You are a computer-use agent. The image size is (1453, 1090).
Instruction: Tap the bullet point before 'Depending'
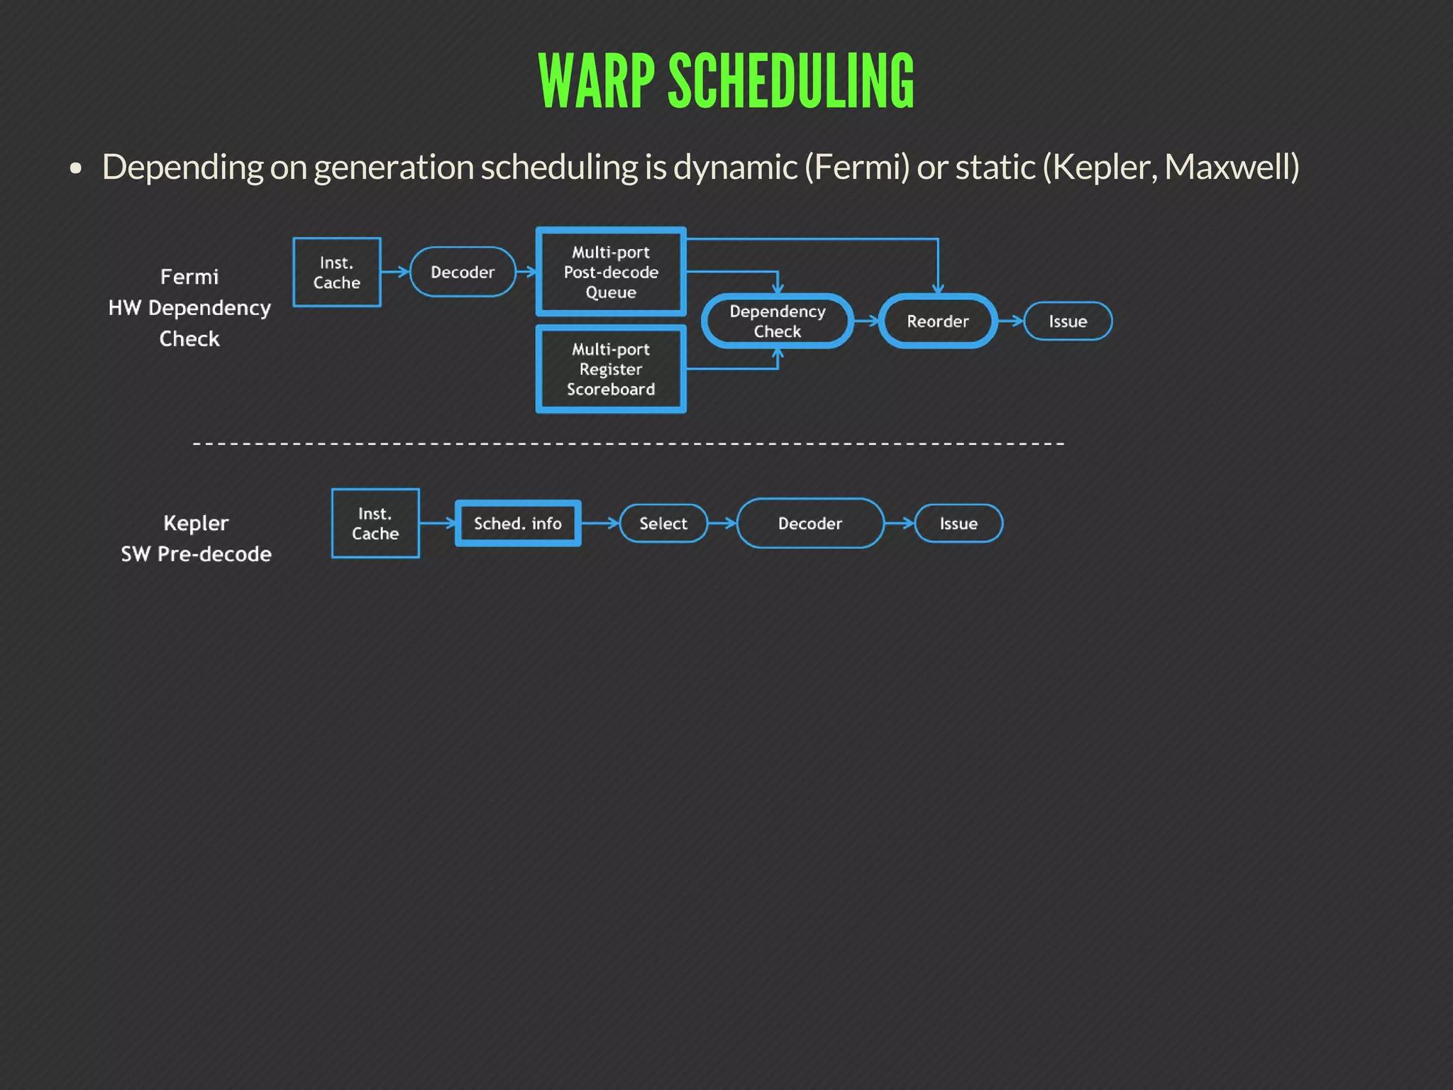(x=76, y=169)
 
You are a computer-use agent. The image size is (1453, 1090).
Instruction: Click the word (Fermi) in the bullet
(x=856, y=167)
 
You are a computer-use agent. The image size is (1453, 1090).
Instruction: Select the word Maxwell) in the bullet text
(x=1232, y=167)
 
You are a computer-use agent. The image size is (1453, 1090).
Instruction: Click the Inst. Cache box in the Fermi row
(x=337, y=272)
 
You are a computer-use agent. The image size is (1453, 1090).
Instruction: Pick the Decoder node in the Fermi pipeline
(x=463, y=272)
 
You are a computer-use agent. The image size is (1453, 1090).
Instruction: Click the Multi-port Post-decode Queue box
(x=611, y=272)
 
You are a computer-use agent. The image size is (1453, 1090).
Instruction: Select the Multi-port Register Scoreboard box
(x=611, y=369)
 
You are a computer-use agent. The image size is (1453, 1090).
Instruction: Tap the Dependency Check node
(x=778, y=321)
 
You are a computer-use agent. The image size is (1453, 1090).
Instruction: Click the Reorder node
(x=937, y=321)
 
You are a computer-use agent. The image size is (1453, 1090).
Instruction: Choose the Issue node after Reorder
(x=1068, y=321)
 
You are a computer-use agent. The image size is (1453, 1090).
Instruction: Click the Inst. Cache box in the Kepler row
(x=375, y=524)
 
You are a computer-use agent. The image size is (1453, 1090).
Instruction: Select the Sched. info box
(x=518, y=524)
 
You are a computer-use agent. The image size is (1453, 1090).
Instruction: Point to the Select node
(x=663, y=524)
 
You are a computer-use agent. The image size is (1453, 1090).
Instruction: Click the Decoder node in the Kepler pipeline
(x=810, y=524)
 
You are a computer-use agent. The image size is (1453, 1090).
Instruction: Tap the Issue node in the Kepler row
(x=958, y=524)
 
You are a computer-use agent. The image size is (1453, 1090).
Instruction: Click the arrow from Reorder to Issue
(x=1010, y=321)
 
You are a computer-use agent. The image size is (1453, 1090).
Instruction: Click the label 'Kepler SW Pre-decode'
(x=196, y=539)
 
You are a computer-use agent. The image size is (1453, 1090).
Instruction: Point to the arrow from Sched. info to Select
(x=600, y=524)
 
